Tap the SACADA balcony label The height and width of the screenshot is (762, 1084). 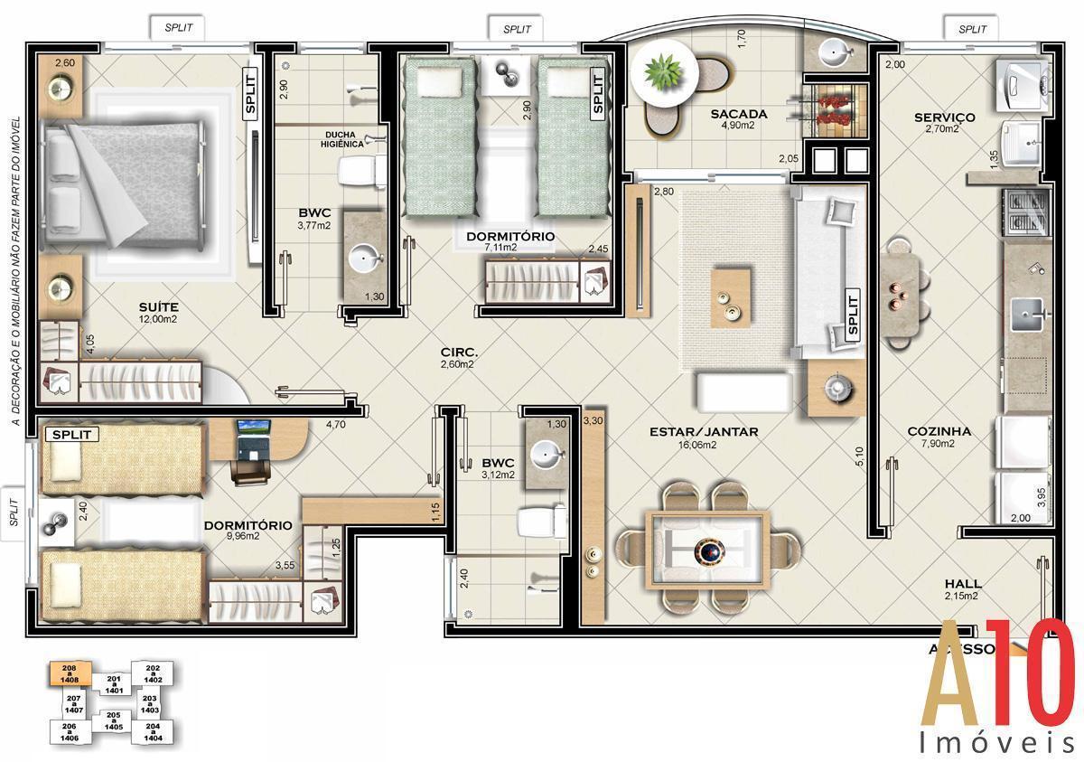pyautogui.click(x=738, y=114)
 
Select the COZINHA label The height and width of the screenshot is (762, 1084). pyautogui.click(x=939, y=431)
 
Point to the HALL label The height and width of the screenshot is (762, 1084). pyautogui.click(x=962, y=583)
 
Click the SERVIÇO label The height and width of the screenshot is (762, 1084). pyautogui.click(x=943, y=118)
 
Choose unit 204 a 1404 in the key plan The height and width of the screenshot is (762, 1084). pyautogui.click(x=153, y=732)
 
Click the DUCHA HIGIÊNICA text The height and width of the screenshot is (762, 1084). pyautogui.click(x=344, y=139)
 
